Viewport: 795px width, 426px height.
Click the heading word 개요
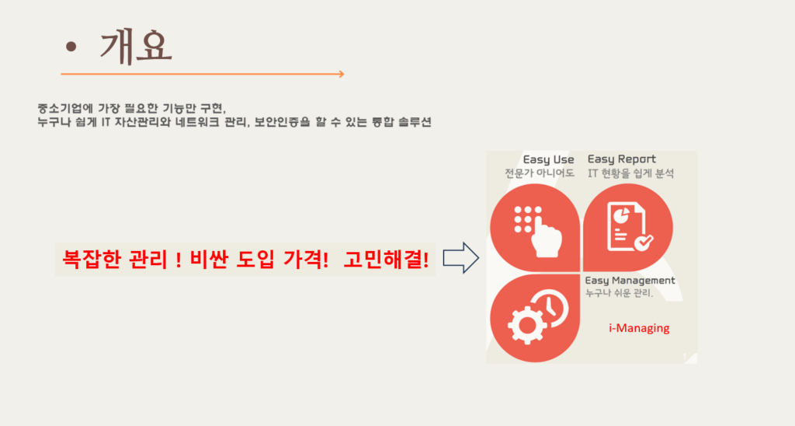click(136, 47)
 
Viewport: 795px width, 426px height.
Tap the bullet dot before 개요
click(71, 47)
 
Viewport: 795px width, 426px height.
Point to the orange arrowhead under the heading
click(342, 74)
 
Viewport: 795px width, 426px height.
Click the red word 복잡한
click(92, 260)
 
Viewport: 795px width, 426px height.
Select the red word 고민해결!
click(386, 260)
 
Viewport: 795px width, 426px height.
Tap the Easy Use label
click(549, 160)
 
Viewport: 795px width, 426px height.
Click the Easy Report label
click(622, 159)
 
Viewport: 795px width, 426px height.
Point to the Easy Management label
click(630, 281)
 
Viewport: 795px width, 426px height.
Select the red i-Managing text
click(639, 328)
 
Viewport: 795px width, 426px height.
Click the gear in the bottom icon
click(527, 325)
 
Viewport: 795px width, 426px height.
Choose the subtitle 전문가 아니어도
click(540, 173)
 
